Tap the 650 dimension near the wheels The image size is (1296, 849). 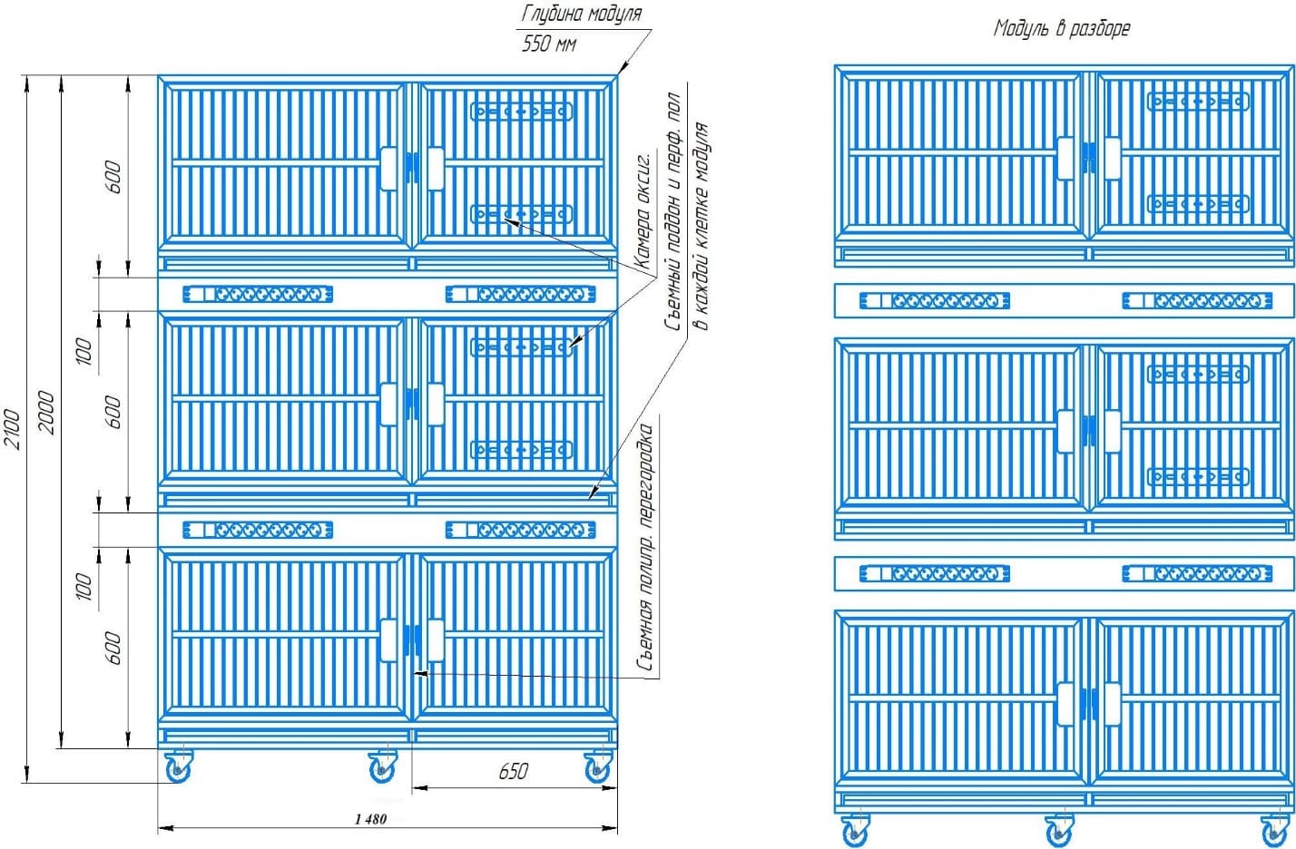point(513,771)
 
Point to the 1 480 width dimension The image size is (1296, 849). point(370,819)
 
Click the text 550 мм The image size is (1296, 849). point(549,43)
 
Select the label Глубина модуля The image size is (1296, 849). point(582,14)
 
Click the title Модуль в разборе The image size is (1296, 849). point(1061,28)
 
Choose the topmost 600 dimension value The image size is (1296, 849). point(113,177)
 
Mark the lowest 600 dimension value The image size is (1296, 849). point(113,648)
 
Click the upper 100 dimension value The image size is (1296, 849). point(83,351)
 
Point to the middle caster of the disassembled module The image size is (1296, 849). point(1058,831)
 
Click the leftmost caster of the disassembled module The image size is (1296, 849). point(854,831)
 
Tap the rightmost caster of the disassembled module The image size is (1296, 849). point(1274,831)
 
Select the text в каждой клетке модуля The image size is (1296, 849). point(701,227)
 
